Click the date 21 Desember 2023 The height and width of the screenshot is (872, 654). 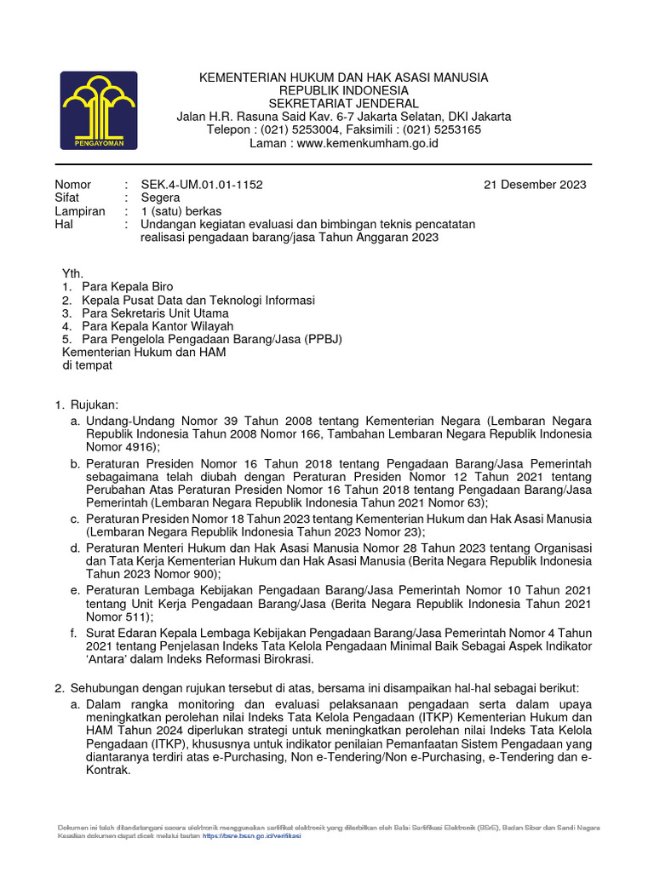click(535, 185)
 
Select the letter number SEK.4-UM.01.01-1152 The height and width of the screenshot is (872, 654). click(208, 185)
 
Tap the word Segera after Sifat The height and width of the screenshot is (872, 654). click(160, 198)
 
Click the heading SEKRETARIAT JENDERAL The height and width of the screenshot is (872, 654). click(344, 104)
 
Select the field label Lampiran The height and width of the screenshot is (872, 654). click(80, 211)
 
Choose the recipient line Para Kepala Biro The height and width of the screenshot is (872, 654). click(127, 287)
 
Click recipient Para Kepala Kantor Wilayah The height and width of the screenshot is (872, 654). click(158, 326)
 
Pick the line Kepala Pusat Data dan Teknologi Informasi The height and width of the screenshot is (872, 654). click(198, 301)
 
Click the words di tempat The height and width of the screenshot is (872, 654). click(88, 365)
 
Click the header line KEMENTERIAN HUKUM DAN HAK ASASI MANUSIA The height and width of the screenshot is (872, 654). click(344, 77)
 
